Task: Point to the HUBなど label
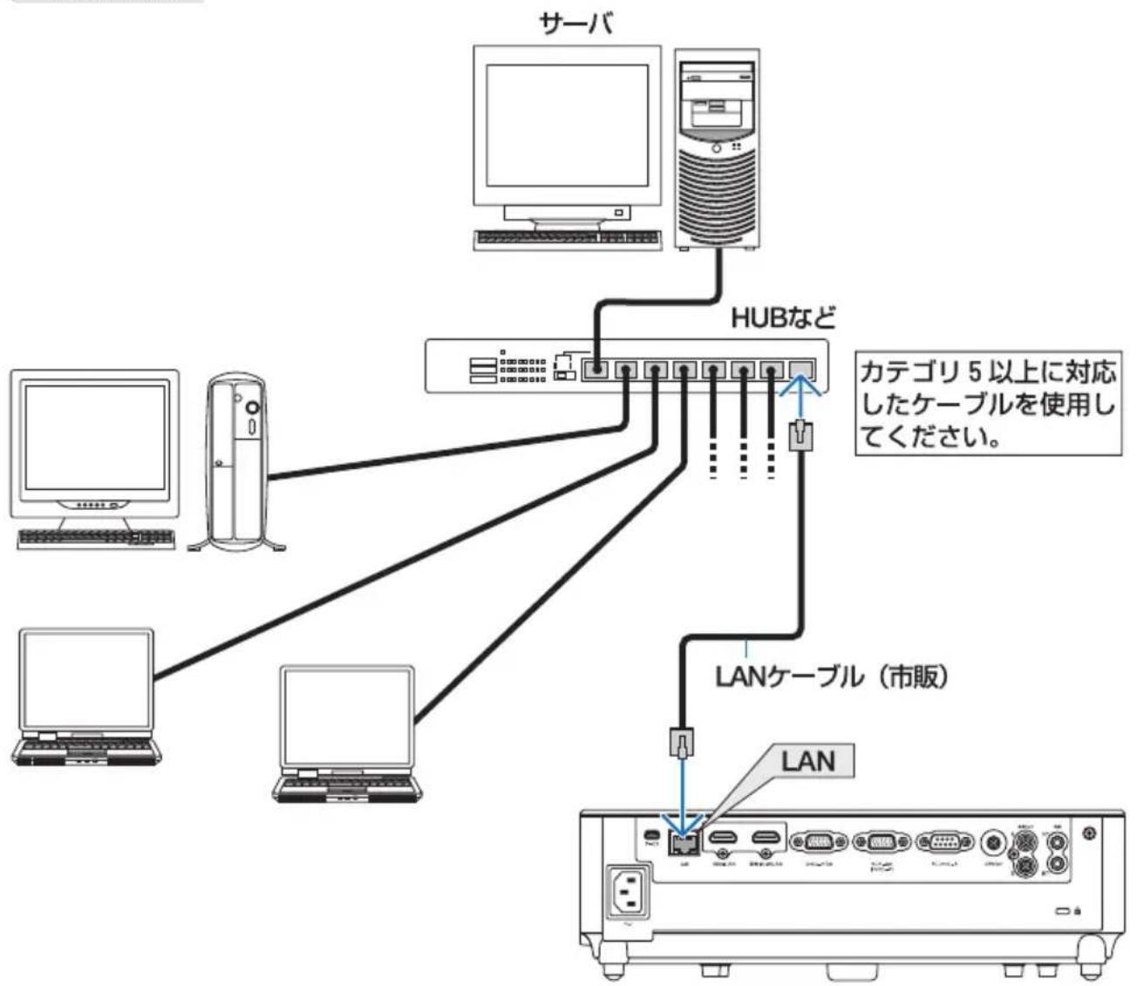[x=782, y=317]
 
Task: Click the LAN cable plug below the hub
[x=800, y=434]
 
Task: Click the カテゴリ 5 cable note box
[x=987, y=405]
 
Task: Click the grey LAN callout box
[x=807, y=760]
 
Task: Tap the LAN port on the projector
[x=682, y=842]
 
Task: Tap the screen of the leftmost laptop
[x=87, y=677]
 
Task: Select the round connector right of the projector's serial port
[x=992, y=843]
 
